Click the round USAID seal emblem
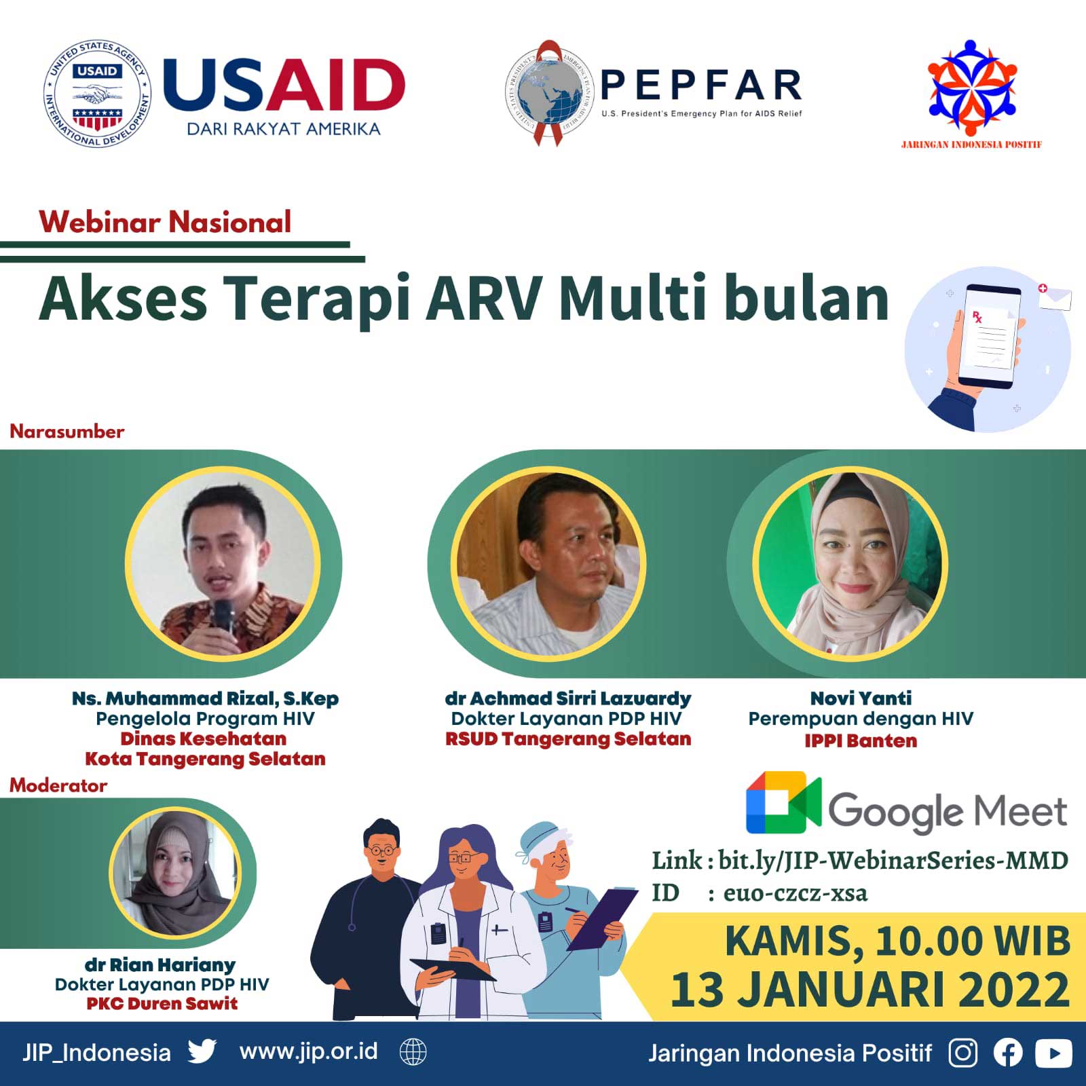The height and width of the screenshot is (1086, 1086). click(x=97, y=94)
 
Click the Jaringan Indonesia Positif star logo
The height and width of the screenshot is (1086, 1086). click(x=972, y=87)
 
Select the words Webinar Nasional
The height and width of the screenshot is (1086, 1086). click(x=165, y=222)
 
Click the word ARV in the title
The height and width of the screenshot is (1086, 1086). click(x=484, y=298)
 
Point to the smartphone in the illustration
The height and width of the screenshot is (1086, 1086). click(x=991, y=336)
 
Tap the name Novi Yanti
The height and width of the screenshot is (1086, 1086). click(x=861, y=698)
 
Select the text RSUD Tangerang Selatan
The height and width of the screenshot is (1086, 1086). click(x=568, y=738)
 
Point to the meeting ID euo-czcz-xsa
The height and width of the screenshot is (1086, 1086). click(x=795, y=893)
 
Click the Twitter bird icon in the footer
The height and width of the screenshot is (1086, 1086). click(x=202, y=1051)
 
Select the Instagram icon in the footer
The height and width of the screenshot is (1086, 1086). click(x=962, y=1053)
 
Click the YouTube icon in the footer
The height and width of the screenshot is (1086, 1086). click(x=1053, y=1053)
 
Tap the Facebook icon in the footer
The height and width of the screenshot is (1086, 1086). click(x=1008, y=1053)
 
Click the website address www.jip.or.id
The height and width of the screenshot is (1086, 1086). click(x=309, y=1051)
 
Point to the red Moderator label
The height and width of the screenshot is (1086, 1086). click(x=58, y=785)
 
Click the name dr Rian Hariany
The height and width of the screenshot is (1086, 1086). click(x=160, y=965)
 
